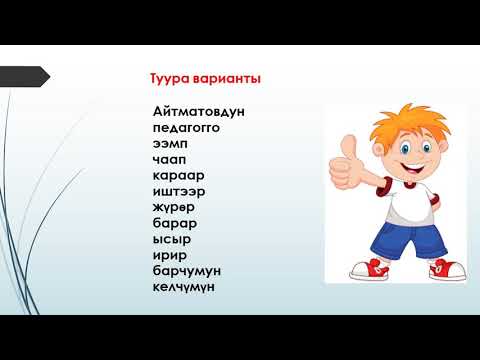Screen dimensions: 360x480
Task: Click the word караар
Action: tap(177, 175)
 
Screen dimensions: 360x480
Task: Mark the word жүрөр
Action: tap(175, 207)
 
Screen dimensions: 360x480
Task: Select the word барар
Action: tap(175, 223)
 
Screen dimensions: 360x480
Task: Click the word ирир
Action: tap(169, 255)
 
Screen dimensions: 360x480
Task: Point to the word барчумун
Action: tap(187, 271)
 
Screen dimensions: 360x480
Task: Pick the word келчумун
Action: tap(186, 287)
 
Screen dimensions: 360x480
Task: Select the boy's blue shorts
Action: tap(398, 238)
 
